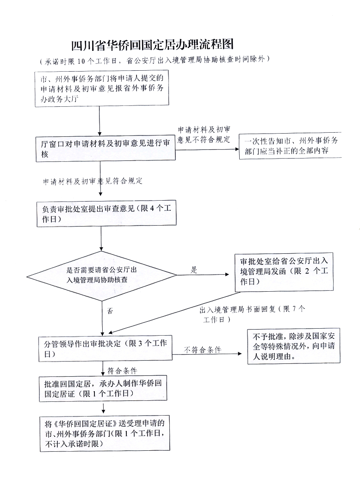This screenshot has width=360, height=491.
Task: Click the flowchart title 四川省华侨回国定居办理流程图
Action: pos(153,45)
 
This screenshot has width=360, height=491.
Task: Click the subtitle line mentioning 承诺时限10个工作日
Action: pos(155,60)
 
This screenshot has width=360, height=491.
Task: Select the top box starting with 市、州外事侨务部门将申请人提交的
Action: pos(102,89)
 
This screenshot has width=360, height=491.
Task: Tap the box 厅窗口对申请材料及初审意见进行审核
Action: pos(106,148)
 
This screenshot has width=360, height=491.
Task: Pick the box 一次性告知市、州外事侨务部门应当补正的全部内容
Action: pos(290,146)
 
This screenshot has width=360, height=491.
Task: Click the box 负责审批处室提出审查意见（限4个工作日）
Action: pos(106,214)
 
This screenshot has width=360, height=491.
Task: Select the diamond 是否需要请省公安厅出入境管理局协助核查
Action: pos(101,276)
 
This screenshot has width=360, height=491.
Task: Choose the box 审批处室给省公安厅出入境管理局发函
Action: pos(284,271)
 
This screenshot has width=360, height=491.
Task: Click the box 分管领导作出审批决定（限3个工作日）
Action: pos(106,349)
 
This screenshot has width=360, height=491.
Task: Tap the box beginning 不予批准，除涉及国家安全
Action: pos(293,346)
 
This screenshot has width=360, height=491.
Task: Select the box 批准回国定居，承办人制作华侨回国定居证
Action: pos(103,389)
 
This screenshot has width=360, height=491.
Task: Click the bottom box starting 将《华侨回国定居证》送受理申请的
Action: pos(105,433)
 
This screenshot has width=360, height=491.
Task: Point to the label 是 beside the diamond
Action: pos(194,270)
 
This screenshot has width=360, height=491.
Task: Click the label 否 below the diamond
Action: pos(110,311)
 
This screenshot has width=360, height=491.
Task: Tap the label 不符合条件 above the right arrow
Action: pos(202,350)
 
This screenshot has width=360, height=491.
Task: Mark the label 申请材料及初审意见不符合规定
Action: pos(204,135)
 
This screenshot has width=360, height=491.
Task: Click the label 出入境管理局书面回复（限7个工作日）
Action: pos(252,314)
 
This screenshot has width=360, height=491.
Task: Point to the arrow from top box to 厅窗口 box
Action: pos(99,121)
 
